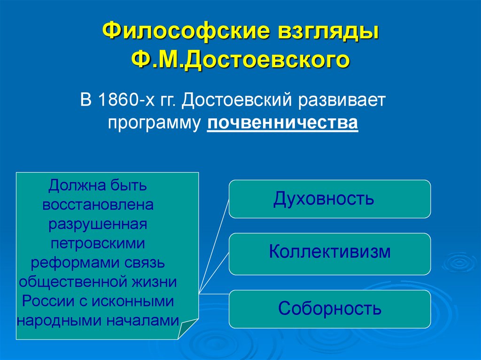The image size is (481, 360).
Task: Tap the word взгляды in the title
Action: tap(328, 33)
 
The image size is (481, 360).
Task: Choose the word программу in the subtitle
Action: tap(155, 123)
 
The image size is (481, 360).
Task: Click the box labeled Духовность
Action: tap(329, 199)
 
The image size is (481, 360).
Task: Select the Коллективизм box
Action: tap(329, 253)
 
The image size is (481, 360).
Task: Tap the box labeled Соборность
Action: tap(329, 308)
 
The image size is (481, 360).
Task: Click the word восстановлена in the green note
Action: tap(98, 205)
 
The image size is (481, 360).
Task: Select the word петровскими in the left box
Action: tap(98, 244)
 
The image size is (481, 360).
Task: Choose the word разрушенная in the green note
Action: tap(98, 224)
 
